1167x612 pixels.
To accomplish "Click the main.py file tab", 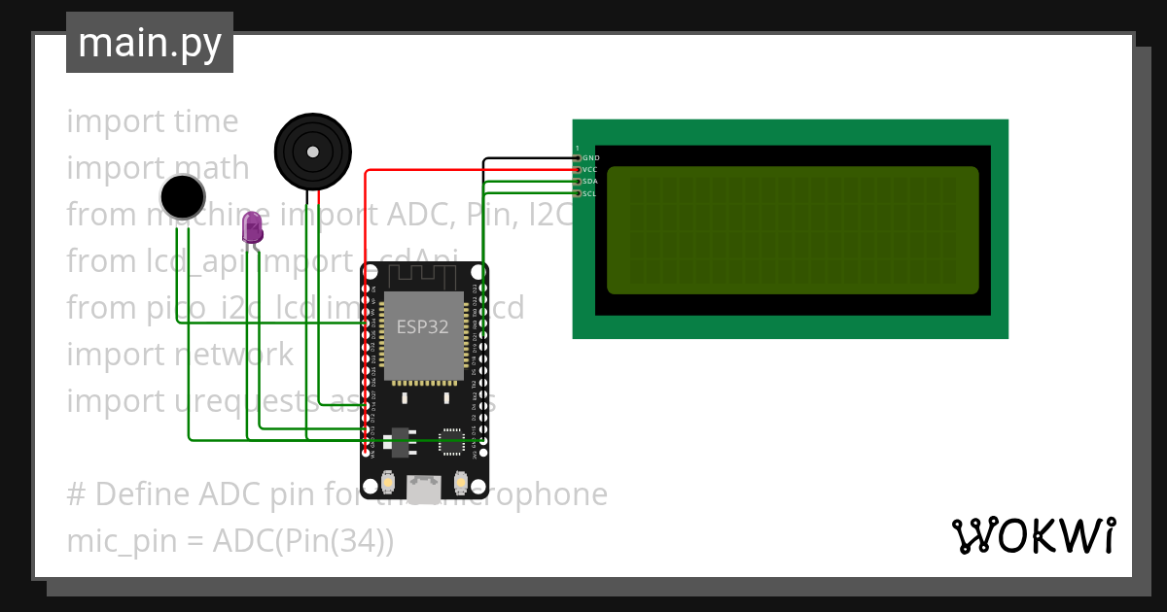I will click(150, 43).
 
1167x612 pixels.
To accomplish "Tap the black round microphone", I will click(183, 197).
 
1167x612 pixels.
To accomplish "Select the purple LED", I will click(252, 227).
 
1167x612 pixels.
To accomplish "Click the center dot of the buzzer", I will click(312, 152).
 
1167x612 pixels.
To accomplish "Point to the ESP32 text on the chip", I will click(422, 326).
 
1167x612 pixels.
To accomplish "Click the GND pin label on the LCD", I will click(590, 157).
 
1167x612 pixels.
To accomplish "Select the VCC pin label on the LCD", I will click(590, 170).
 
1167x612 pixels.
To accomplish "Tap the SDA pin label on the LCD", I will click(590, 182).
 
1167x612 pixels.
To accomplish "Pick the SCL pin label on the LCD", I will click(590, 194).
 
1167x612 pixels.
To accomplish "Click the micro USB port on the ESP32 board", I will click(423, 489).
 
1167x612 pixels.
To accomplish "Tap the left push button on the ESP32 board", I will click(388, 482).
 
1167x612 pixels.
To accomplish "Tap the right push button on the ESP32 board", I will click(459, 482).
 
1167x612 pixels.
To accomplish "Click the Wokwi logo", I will click(1033, 536).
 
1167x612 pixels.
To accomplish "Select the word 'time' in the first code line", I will click(205, 121).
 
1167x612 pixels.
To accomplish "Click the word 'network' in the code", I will click(233, 355).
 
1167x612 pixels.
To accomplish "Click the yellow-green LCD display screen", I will click(792, 230).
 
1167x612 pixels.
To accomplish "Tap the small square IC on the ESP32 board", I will click(451, 442).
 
